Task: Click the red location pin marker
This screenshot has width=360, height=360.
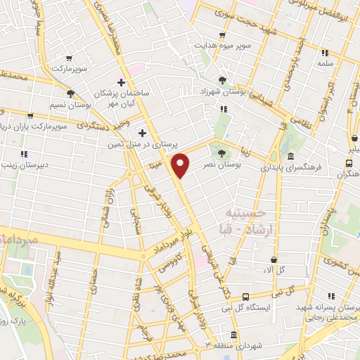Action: point(181,165)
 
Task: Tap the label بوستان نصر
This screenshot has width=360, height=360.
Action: point(218,163)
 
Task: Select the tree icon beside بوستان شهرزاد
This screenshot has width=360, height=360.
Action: point(223,80)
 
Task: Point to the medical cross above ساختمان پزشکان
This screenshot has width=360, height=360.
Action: point(121,82)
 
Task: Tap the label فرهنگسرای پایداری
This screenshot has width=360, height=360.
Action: point(290,168)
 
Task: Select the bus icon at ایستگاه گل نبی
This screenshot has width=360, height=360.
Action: point(245,297)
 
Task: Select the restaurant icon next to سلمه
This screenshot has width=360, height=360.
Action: point(325,53)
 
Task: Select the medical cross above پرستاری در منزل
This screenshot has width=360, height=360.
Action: point(142,132)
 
